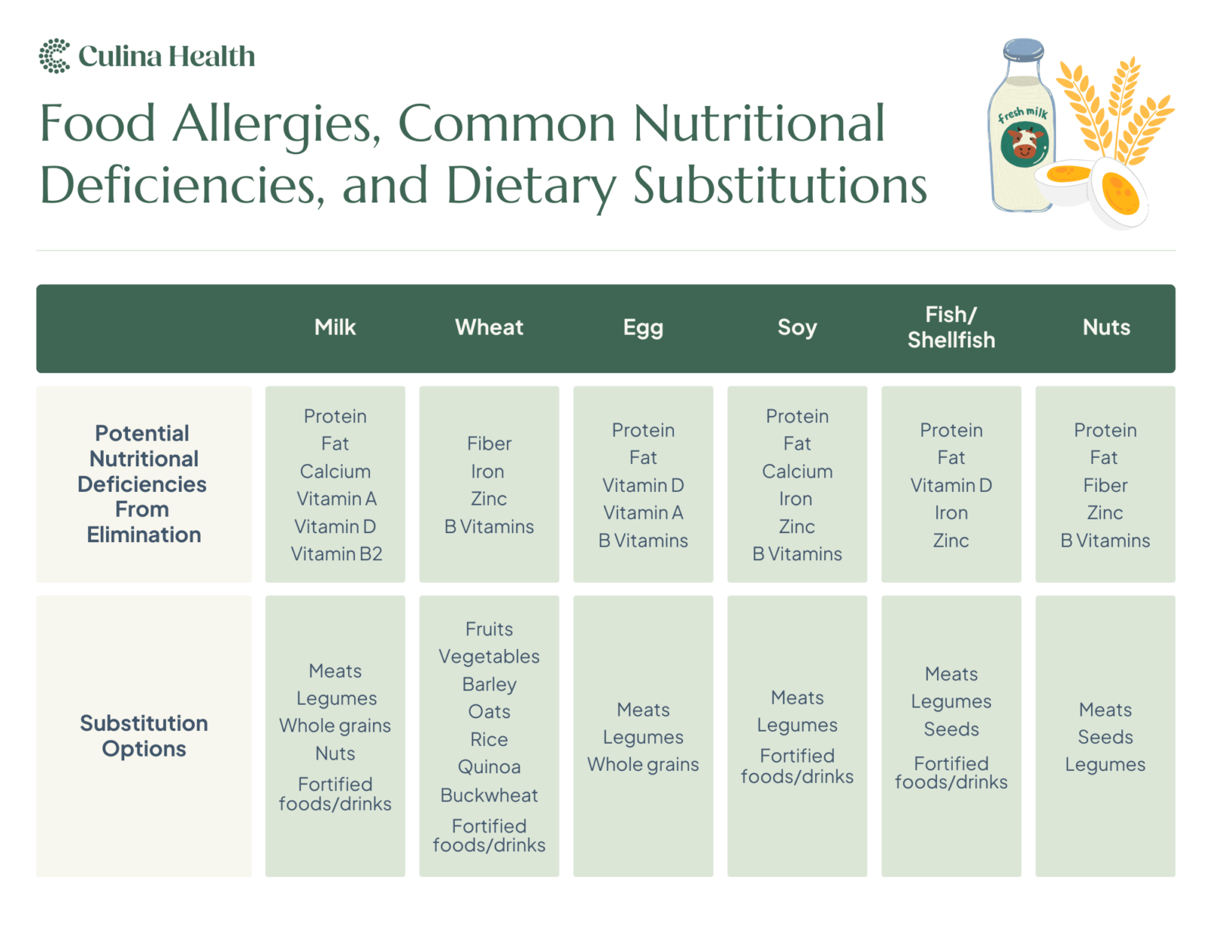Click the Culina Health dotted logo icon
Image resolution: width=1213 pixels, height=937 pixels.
(54, 56)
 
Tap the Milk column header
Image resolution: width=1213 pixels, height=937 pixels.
(335, 327)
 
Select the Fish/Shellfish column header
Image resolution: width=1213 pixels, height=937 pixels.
(951, 327)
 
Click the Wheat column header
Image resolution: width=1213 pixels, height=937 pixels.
(489, 327)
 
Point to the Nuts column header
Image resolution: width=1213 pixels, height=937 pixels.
(1106, 327)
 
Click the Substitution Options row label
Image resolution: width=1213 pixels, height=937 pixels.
(144, 735)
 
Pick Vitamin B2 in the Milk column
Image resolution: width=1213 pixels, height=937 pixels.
(336, 554)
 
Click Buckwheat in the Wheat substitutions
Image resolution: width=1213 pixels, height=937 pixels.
(489, 795)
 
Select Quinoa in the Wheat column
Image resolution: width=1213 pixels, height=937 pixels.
(489, 767)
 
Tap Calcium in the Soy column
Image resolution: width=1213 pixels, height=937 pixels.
(797, 472)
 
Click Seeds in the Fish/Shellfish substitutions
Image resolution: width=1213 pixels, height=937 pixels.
(951, 729)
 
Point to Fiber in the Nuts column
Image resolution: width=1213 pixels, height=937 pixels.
(1105, 485)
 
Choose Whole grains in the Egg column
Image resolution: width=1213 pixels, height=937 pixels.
(643, 765)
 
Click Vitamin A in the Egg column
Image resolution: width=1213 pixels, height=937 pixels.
(643, 513)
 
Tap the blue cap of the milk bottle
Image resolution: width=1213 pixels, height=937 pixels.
(1023, 51)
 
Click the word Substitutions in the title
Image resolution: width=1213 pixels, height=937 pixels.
(779, 186)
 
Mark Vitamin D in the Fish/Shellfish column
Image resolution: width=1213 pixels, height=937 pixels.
(951, 485)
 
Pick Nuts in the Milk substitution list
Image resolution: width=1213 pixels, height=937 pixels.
(335, 754)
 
